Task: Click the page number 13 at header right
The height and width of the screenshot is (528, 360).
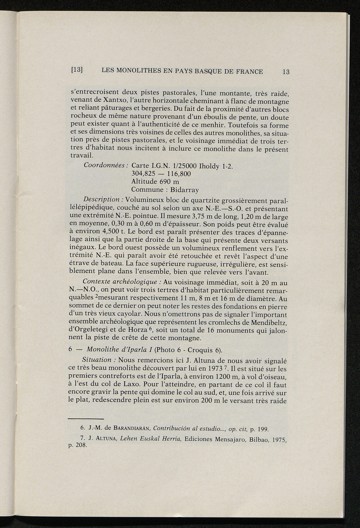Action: tap(285, 72)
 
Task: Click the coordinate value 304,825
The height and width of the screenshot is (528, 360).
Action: tap(143, 174)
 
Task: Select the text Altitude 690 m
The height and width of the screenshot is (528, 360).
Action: tap(155, 182)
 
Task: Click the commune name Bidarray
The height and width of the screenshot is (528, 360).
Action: tap(184, 190)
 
